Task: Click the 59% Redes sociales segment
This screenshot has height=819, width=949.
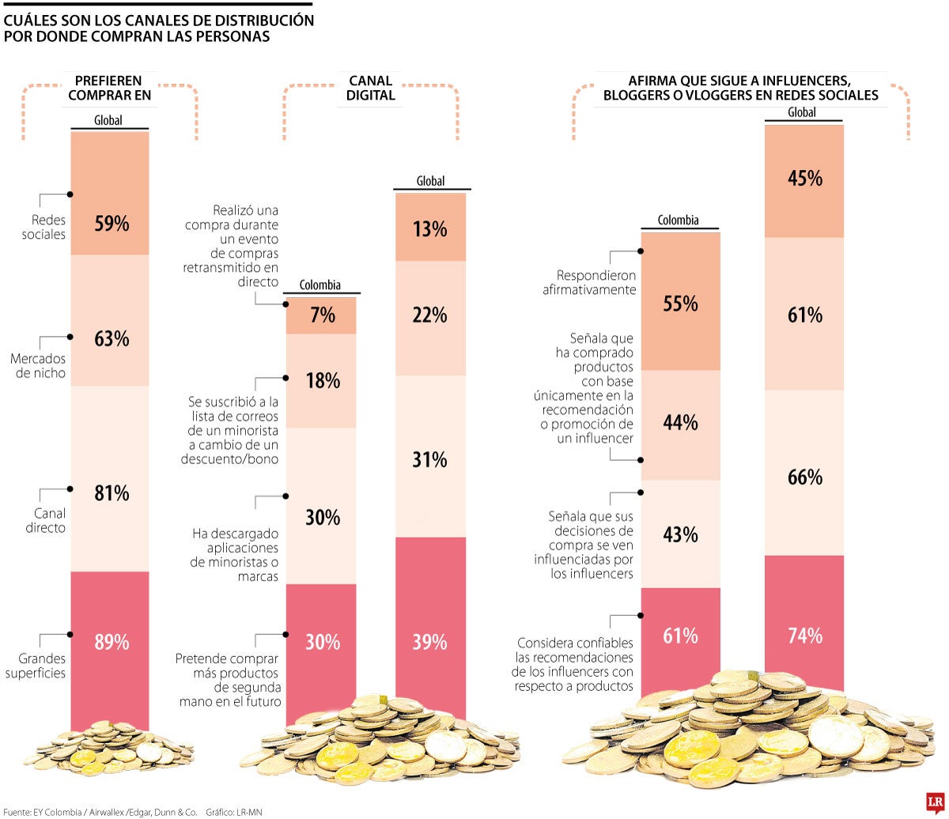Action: [x=110, y=194]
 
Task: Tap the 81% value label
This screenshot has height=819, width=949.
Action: [x=111, y=494]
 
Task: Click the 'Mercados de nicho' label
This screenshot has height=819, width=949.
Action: [x=38, y=364]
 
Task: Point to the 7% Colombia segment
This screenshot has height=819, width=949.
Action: [x=322, y=315]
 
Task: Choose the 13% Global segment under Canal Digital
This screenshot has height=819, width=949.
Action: [x=431, y=229]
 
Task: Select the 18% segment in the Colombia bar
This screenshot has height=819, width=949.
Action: [x=322, y=380]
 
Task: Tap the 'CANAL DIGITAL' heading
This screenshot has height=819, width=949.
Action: [x=372, y=89]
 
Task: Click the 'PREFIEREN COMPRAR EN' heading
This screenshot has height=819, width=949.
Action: [x=109, y=89]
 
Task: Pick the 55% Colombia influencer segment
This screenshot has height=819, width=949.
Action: [x=680, y=303]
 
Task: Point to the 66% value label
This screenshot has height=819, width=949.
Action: [x=804, y=477]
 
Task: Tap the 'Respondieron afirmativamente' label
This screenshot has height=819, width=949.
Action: [x=589, y=283]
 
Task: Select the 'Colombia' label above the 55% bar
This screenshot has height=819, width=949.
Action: [x=679, y=221]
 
